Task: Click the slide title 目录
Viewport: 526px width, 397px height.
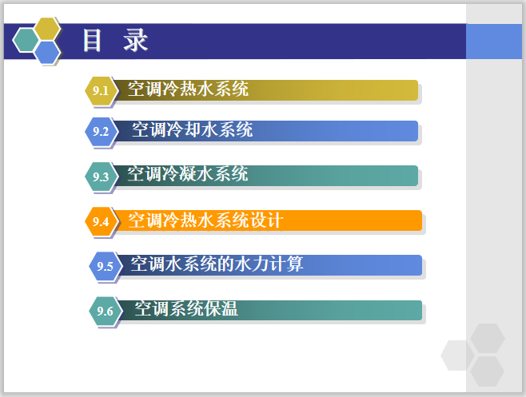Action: (x=116, y=41)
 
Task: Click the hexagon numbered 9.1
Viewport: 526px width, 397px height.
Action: (x=100, y=90)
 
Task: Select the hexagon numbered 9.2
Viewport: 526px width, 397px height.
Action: (x=100, y=131)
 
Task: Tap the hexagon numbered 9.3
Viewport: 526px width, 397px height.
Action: (x=100, y=177)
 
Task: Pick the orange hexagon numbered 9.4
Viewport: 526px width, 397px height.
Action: (x=100, y=221)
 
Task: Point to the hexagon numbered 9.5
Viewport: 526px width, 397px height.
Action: (x=104, y=266)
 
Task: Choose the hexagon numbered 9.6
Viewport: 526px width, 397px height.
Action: (x=104, y=311)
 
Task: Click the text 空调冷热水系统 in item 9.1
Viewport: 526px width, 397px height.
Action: (x=188, y=89)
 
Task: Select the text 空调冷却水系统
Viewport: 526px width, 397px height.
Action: (x=192, y=129)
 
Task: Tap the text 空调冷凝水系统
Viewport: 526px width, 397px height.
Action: (x=188, y=174)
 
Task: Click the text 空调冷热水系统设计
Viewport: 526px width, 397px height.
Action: (x=205, y=220)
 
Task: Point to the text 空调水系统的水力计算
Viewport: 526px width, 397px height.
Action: (x=217, y=264)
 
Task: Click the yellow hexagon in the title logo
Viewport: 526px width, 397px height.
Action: (x=49, y=28)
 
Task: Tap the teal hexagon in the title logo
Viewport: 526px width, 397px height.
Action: (x=26, y=39)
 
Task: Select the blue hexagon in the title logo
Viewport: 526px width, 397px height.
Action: (x=48, y=52)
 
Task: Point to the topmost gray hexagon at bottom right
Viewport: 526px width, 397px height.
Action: (x=487, y=337)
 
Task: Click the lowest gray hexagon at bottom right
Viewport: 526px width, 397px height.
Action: (x=487, y=371)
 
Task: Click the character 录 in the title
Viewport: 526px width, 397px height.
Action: (x=136, y=41)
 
